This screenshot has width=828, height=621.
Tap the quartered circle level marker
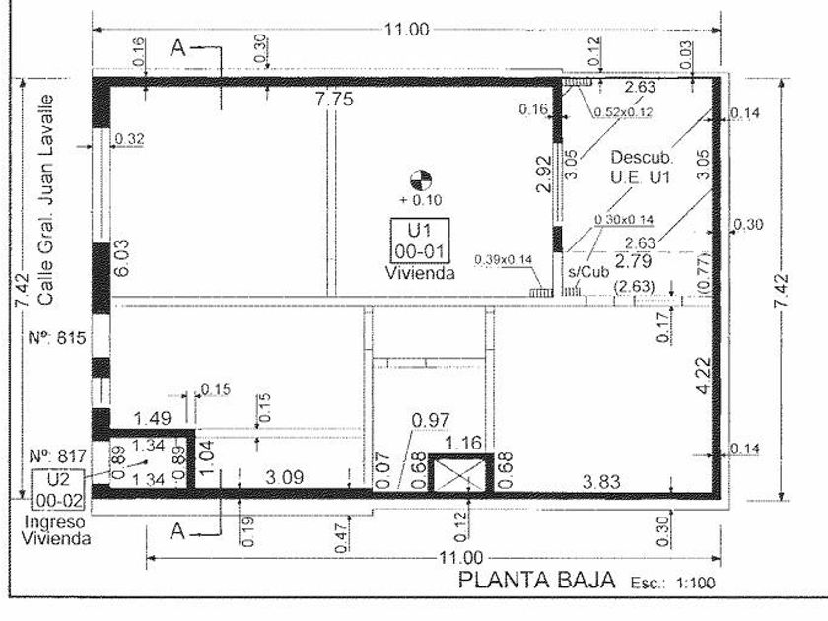click(421, 180)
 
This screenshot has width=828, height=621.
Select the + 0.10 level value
click(421, 200)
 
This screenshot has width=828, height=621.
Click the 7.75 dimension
click(333, 99)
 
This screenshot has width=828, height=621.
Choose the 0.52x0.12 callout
click(622, 111)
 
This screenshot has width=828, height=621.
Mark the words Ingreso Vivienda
click(56, 530)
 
